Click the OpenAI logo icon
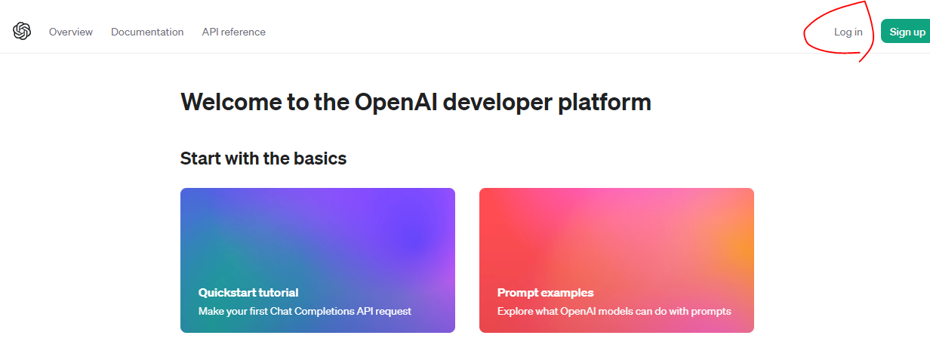pos(22,31)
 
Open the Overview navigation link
pos(71,32)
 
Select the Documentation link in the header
pos(147,32)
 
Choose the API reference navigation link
pos(234,32)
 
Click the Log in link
pos(848,32)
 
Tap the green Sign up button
pos(907,32)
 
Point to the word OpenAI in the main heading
pos(395,102)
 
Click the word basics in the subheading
pos(316,158)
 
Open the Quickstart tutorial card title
pos(248,293)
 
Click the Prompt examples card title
pos(545,293)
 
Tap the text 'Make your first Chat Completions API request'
pos(305,311)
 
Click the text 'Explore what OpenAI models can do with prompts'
pos(614,311)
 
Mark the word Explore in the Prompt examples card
pos(515,311)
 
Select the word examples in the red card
pos(568,293)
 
